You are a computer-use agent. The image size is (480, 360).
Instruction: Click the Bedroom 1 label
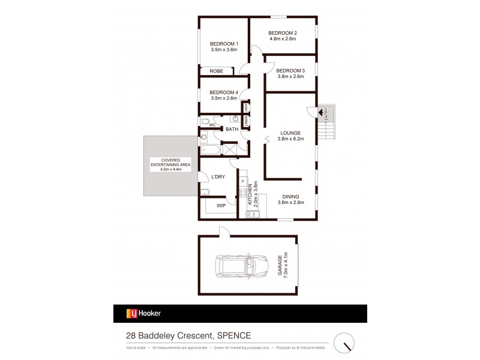pyautogui.click(x=224, y=44)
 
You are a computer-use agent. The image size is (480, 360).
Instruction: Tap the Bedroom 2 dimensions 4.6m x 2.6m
pyautogui.click(x=283, y=40)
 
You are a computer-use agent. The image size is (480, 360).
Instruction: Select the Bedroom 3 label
pyautogui.click(x=290, y=70)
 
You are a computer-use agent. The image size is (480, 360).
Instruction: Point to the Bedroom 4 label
pyautogui.click(x=224, y=92)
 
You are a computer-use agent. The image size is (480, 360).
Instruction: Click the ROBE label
pyautogui.click(x=216, y=71)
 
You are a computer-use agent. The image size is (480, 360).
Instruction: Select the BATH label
pyautogui.click(x=232, y=129)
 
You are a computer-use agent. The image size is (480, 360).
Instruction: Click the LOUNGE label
pyautogui.click(x=290, y=132)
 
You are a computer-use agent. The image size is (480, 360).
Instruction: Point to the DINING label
pyautogui.click(x=290, y=196)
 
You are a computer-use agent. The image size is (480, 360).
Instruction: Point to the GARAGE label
pyautogui.click(x=280, y=264)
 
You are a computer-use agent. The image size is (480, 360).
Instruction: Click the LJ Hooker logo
pyautogui.click(x=143, y=313)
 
